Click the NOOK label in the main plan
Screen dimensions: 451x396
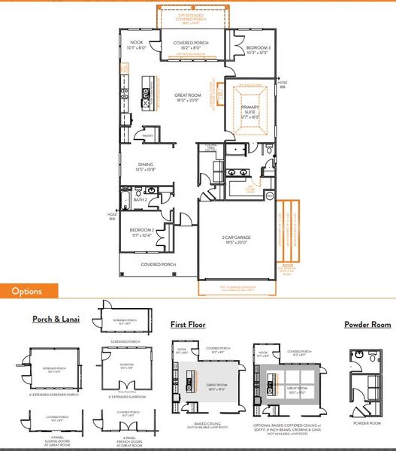136,42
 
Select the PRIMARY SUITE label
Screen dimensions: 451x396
250,110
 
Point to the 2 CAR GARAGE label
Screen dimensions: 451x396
235,238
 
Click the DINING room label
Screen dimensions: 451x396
146,165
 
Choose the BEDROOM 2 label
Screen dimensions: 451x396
141,230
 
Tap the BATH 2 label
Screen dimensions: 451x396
139,200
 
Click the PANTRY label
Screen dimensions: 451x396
148,136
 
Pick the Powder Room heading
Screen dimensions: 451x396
367,325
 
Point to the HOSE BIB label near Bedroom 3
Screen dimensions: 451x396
283,84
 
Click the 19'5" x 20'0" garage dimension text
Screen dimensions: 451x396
235,244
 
